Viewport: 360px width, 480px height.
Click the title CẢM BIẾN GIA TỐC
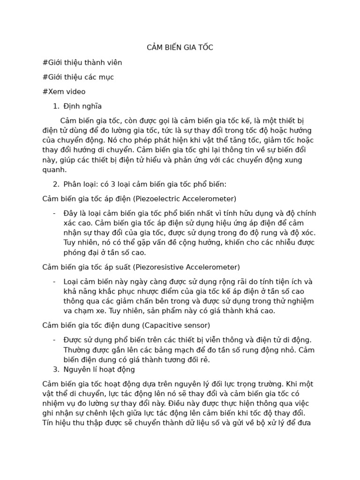[180, 47]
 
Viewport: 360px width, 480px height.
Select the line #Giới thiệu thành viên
[82, 62]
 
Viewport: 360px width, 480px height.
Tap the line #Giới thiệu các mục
[78, 77]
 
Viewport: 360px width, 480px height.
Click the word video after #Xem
[75, 91]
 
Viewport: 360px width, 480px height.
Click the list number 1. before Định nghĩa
[56, 106]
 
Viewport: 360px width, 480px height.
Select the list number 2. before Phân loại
[56, 184]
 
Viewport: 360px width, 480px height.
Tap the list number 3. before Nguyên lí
[56, 369]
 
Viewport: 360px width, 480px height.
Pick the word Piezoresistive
[162, 267]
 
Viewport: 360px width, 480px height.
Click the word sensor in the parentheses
[196, 325]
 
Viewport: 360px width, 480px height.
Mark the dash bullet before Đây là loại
[55, 213]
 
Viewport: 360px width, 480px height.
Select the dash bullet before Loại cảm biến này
[55, 282]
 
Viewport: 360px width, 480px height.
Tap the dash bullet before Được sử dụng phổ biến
[55, 340]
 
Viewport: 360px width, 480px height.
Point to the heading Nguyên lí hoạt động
[99, 369]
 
